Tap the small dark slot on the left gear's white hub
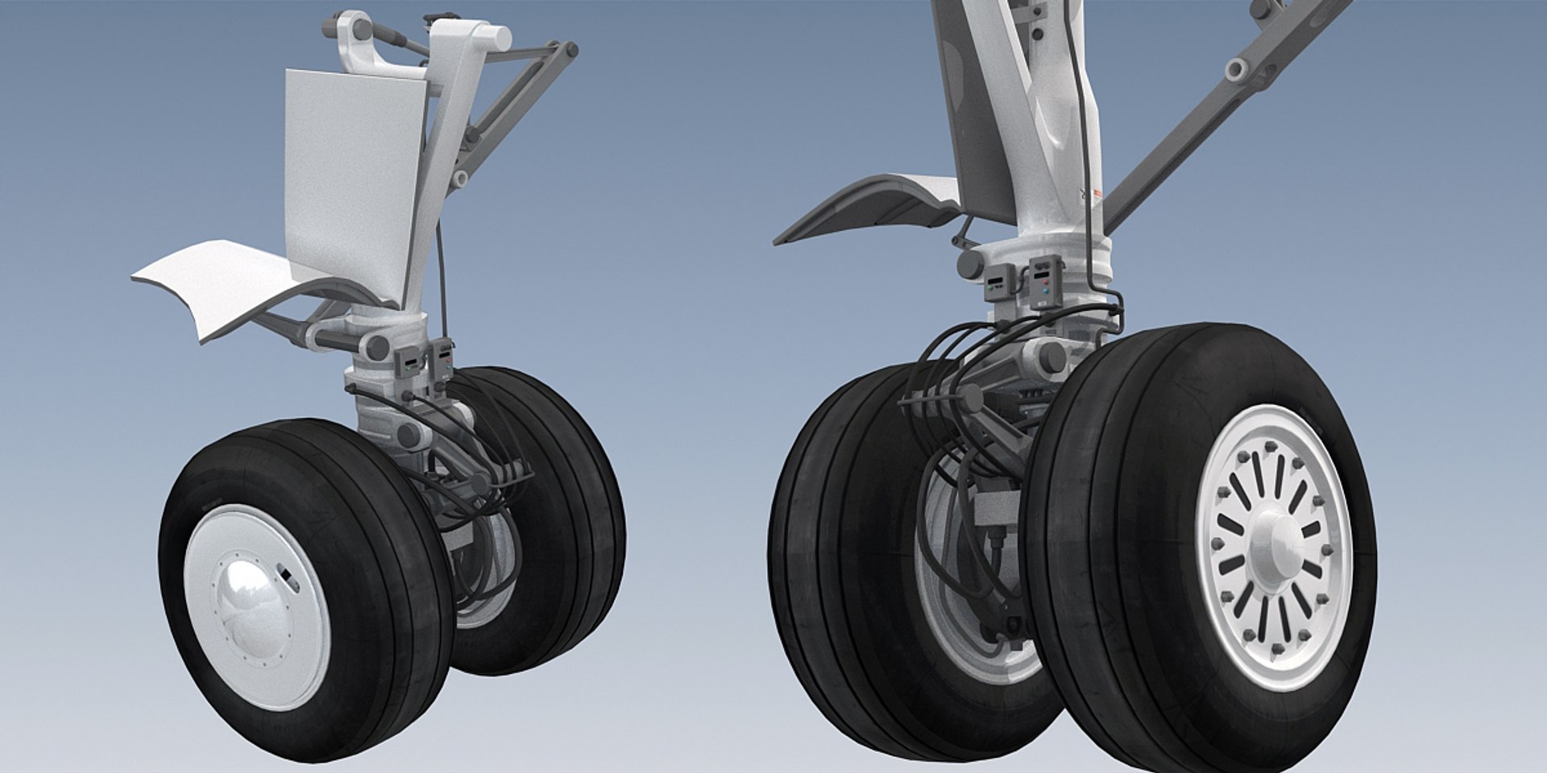click(x=285, y=573)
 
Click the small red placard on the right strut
click(x=1097, y=192)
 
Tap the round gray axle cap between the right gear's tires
click(x=1047, y=354)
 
